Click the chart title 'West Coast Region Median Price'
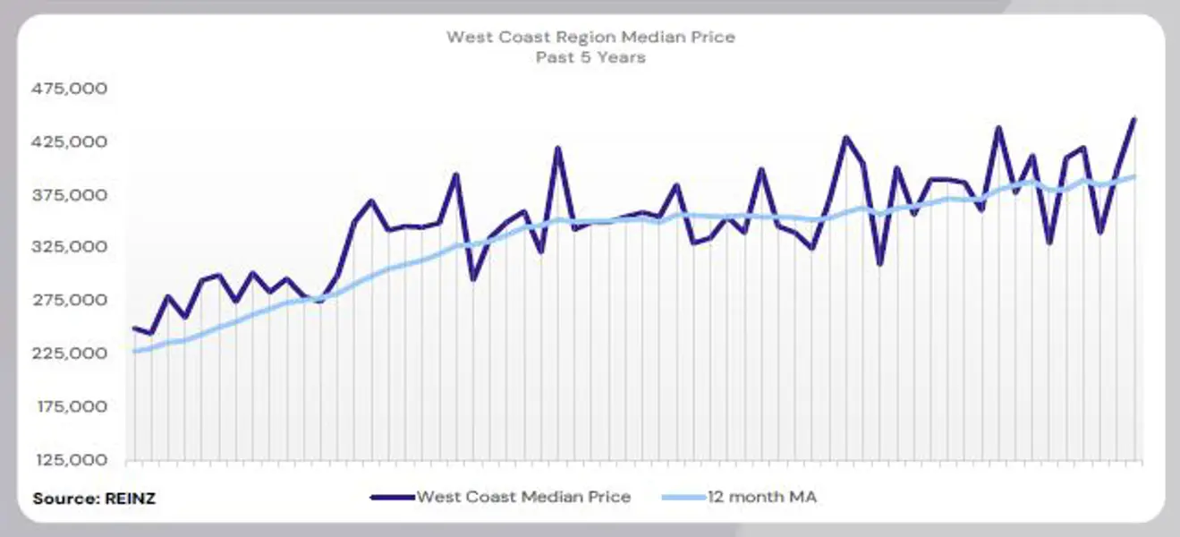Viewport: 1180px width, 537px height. pos(590,37)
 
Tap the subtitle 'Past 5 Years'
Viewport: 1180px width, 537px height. pos(590,57)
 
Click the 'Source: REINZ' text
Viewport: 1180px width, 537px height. pos(94,499)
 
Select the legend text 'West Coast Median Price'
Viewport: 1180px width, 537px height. pos(523,497)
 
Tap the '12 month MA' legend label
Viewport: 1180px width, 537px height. pos(761,497)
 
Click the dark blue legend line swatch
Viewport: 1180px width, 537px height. pos(392,497)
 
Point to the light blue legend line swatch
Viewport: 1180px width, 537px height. pos(683,497)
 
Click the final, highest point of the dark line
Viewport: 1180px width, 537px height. pos(1134,119)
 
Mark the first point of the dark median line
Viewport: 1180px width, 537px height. pos(134,328)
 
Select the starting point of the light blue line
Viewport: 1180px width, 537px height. pos(134,352)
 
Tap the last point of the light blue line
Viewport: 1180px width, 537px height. pos(1134,176)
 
